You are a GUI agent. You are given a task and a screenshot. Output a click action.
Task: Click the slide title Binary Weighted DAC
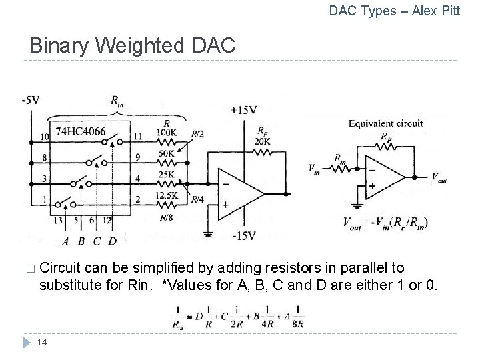pyautogui.click(x=132, y=46)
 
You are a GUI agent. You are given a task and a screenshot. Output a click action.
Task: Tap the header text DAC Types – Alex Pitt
pyautogui.click(x=395, y=11)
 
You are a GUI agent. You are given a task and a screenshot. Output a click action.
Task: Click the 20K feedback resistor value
pyautogui.click(x=262, y=141)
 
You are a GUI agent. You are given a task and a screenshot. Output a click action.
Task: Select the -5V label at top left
pyautogui.click(x=31, y=100)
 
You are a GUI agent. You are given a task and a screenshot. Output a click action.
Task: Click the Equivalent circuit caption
pyautogui.click(x=385, y=123)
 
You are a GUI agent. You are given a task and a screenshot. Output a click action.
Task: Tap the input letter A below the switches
pyautogui.click(x=65, y=241)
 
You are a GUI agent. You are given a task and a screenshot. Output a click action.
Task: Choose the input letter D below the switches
pyautogui.click(x=112, y=241)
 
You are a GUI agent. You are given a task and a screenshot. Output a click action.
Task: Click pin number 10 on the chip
pyautogui.click(x=45, y=137)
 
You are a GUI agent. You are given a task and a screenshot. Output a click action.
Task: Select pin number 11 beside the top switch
pyautogui.click(x=137, y=137)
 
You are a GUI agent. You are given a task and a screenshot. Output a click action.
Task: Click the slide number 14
pyautogui.click(x=41, y=343)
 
